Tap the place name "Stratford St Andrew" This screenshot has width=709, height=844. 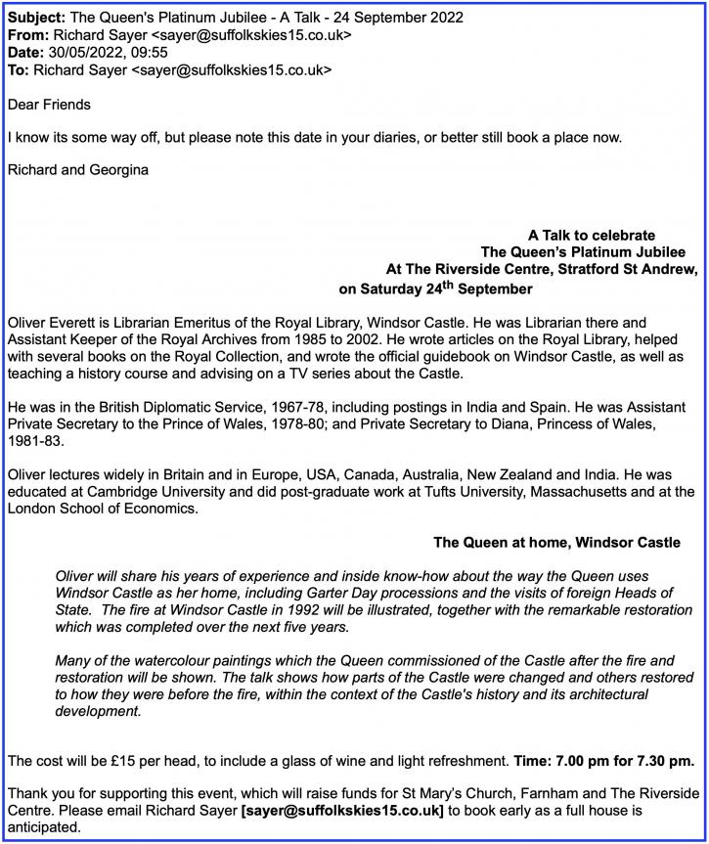tap(617, 269)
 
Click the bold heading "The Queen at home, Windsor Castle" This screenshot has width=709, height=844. tap(556, 542)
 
